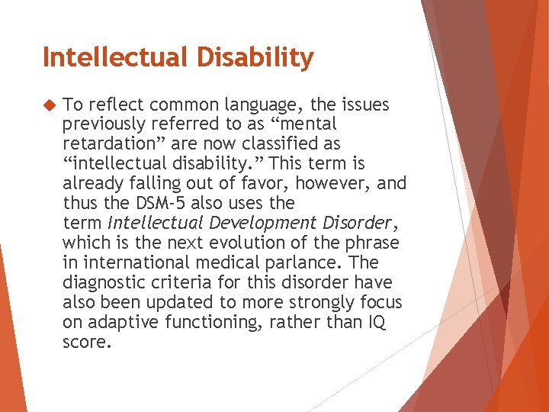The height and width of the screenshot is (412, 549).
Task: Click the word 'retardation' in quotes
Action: point(108,144)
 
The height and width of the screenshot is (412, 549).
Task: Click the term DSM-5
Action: point(162,204)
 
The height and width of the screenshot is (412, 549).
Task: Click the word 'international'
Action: point(132,263)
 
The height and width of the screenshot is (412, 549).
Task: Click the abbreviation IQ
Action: point(377,323)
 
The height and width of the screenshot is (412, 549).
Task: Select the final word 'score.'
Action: point(87,343)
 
